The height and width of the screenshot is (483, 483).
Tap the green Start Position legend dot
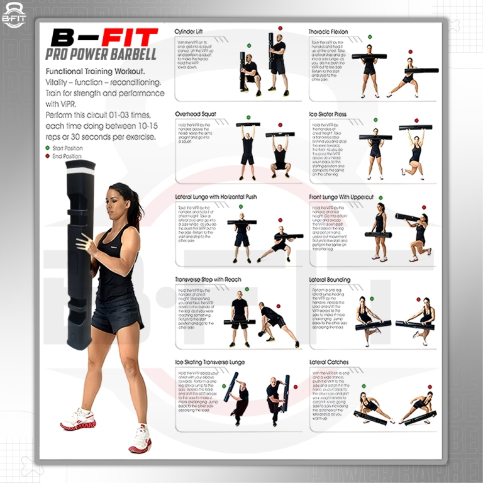coord(48,148)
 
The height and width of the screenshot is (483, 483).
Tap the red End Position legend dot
coord(48,157)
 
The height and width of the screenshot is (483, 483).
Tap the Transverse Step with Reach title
coord(208,279)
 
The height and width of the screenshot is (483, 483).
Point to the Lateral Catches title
coord(329,362)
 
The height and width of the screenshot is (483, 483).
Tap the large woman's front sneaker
coord(78,419)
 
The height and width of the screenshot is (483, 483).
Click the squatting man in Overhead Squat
coord(280,157)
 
